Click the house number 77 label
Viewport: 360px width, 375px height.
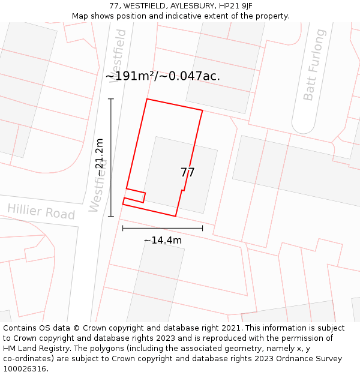click(188, 172)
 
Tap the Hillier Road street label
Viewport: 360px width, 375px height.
click(41, 212)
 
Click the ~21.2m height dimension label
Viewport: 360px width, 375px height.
click(100, 158)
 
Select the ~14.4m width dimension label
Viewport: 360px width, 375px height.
click(163, 240)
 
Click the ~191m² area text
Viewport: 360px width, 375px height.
click(131, 76)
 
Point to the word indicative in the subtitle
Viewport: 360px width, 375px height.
click(182, 16)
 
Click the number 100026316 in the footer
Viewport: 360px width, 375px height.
click(24, 369)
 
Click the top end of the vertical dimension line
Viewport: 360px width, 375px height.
click(111, 98)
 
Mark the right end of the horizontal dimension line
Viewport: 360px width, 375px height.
click(202, 228)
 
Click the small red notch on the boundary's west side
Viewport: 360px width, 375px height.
click(136, 196)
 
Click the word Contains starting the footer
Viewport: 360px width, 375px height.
click(20, 328)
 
